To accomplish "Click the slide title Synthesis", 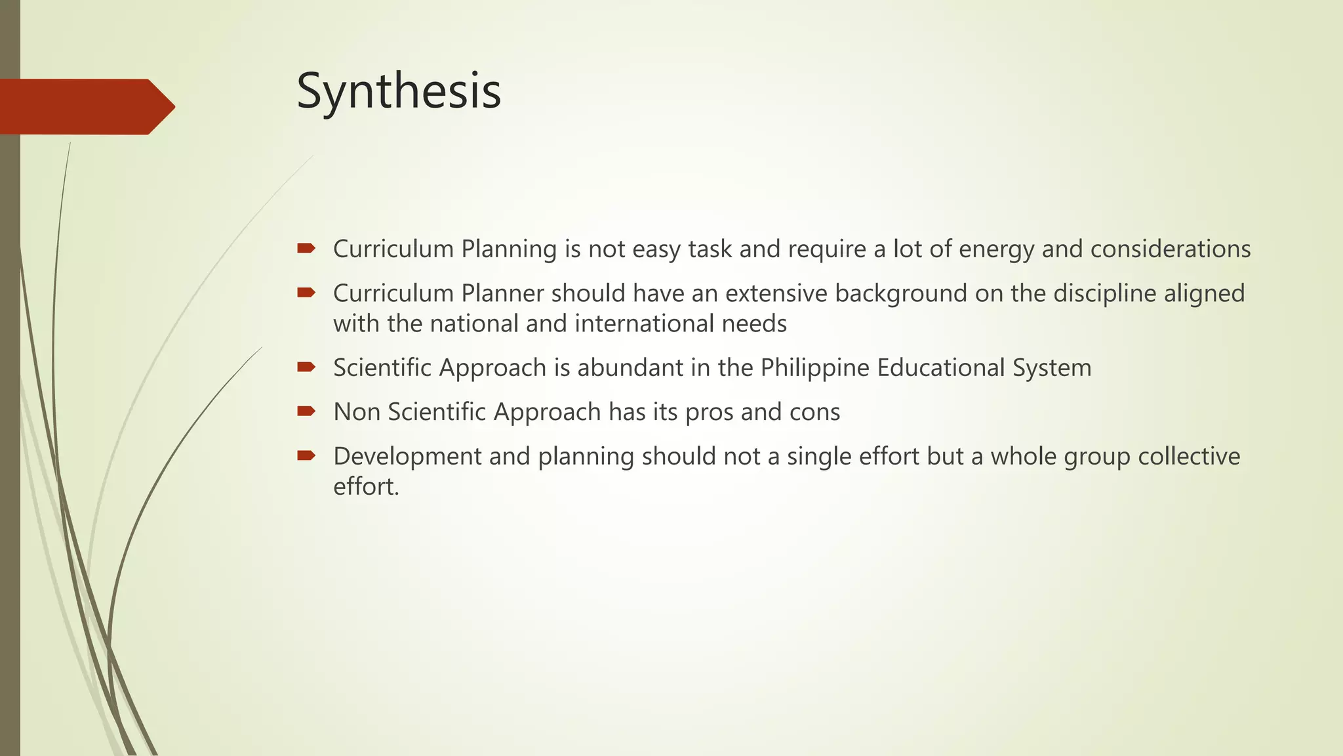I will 399,92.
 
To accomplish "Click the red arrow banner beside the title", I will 85,106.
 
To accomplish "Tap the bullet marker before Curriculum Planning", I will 306,248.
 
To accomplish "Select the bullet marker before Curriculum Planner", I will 306,293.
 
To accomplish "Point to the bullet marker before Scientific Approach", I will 306,367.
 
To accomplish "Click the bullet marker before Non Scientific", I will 306,411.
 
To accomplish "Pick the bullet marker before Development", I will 306,455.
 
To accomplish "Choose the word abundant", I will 630,367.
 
